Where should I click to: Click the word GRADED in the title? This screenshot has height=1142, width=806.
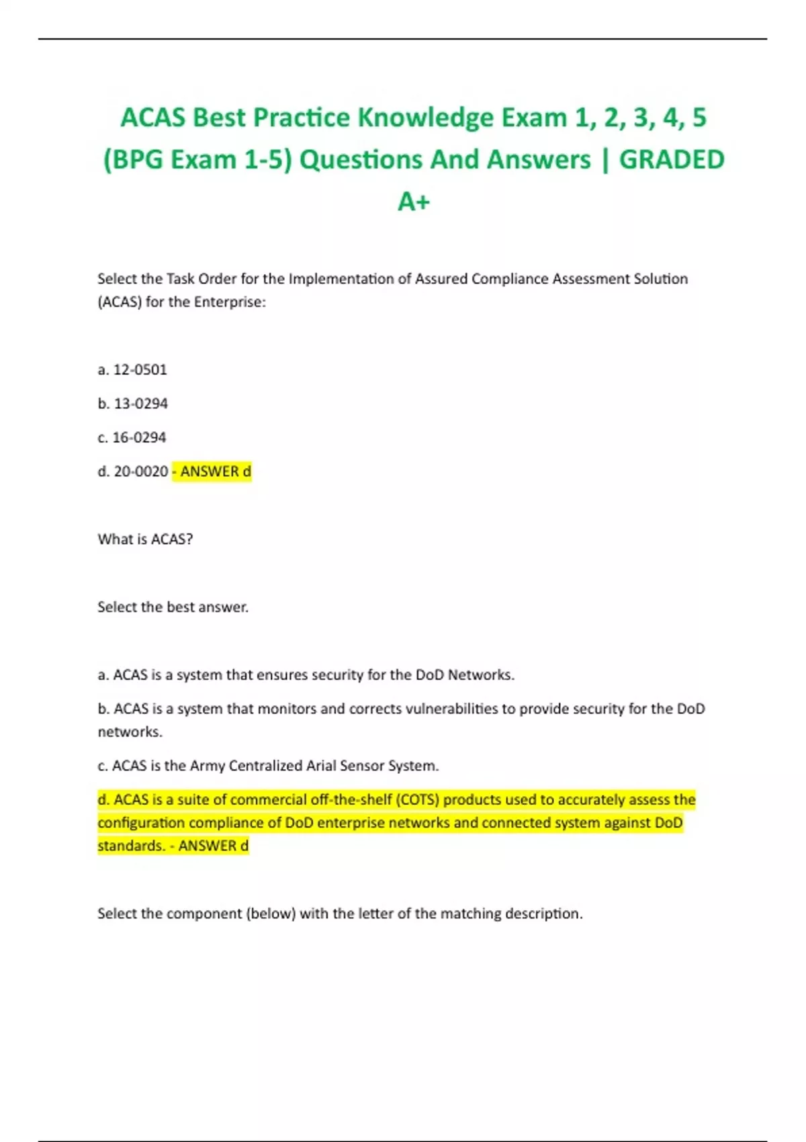tap(671, 160)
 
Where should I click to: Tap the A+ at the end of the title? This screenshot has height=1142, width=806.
tap(413, 202)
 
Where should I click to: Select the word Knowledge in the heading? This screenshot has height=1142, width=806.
tap(425, 118)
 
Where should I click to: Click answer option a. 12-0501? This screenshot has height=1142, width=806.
tap(132, 369)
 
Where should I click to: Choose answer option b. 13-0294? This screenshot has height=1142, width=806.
tap(132, 404)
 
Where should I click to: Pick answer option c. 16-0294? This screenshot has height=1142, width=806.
tap(132, 437)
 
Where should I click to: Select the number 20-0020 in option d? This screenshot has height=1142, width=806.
tap(141, 472)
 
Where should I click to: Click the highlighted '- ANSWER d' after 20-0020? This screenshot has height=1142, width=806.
tap(212, 472)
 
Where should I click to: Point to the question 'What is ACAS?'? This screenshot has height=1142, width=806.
tap(145, 539)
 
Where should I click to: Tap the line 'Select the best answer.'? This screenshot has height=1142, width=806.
tap(173, 607)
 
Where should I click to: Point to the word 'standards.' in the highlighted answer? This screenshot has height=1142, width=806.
tap(131, 846)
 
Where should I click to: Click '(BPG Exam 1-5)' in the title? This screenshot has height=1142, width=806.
tap(197, 160)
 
